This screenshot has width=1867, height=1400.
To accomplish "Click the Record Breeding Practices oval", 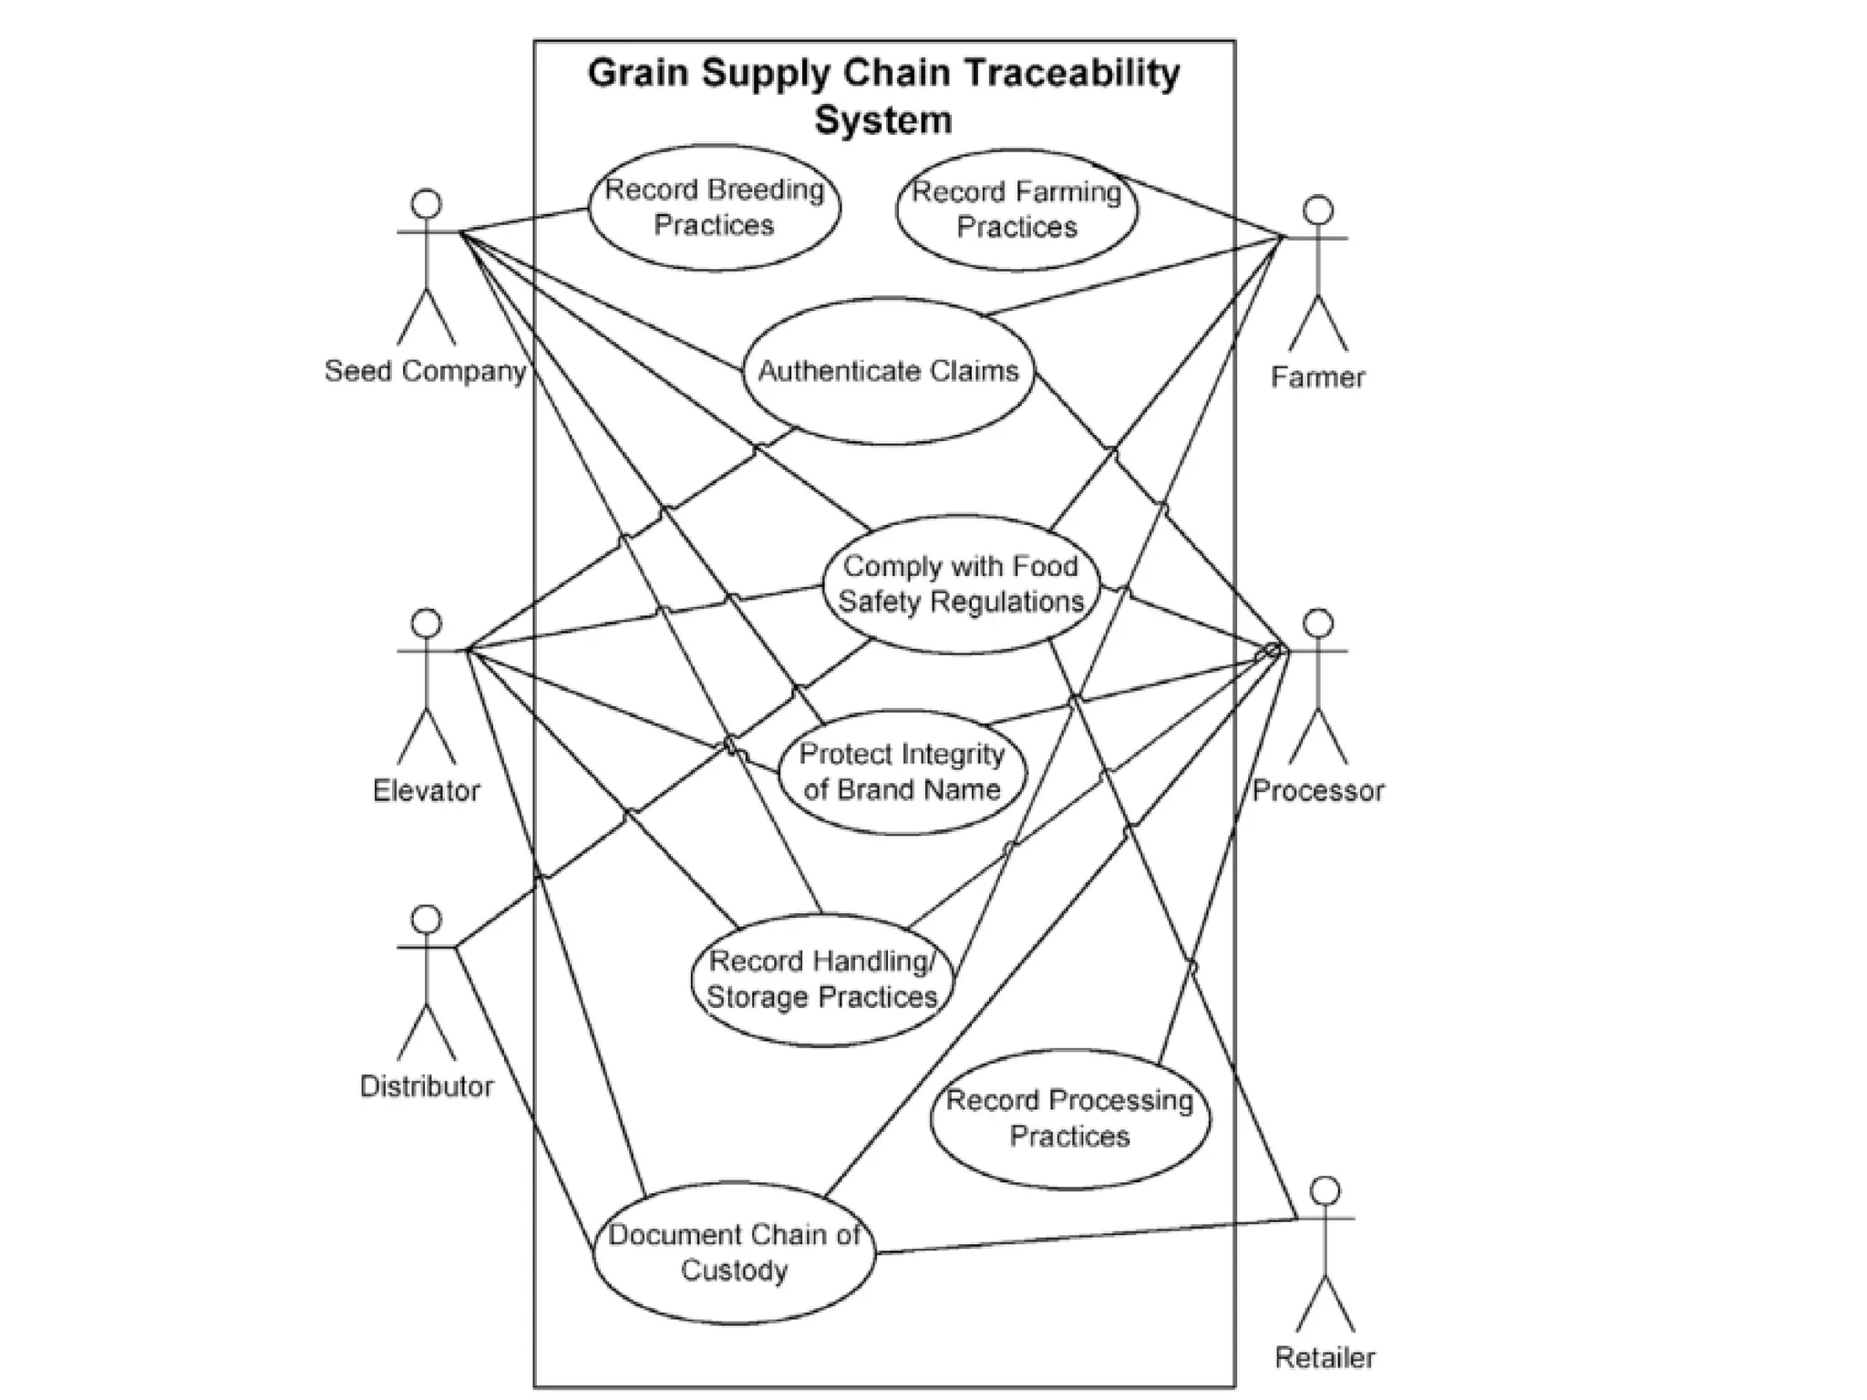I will (714, 207).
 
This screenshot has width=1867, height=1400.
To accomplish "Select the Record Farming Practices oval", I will (1016, 210).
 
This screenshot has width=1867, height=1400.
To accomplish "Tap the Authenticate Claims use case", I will (888, 371).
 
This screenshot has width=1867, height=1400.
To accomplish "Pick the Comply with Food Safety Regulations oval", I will (961, 583).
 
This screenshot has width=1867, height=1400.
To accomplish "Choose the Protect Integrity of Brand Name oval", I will (902, 771).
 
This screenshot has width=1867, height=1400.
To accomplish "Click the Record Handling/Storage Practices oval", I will (822, 979).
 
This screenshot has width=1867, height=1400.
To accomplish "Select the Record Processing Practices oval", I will (1069, 1118).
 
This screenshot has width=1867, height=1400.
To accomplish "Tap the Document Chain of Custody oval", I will (734, 1252).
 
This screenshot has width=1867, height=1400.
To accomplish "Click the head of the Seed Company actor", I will (427, 203).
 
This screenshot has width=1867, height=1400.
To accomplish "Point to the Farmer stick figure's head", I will (1317, 210).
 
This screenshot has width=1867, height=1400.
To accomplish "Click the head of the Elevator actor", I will (427, 623).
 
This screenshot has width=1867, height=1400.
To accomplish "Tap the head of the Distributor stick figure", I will (427, 919).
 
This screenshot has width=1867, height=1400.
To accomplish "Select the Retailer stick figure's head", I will (1325, 1190).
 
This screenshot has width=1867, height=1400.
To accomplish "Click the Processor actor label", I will (1317, 790).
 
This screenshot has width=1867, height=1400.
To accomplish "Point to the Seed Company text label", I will (426, 371).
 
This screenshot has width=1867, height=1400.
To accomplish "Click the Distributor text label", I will (426, 1086).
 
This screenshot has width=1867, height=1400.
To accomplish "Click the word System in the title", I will (882, 120).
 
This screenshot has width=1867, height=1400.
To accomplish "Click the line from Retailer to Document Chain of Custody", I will (1085, 1236).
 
